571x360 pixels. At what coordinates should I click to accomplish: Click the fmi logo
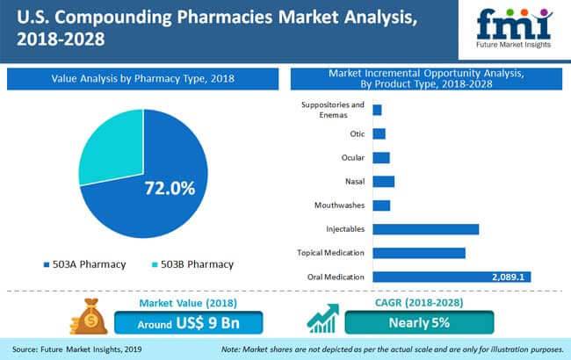click(514, 28)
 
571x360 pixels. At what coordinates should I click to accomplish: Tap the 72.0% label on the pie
click(170, 188)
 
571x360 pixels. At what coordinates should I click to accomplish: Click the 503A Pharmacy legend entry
click(84, 264)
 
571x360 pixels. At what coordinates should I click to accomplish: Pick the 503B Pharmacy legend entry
click(192, 264)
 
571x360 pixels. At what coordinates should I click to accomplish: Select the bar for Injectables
click(426, 229)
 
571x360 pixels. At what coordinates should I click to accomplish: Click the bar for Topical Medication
click(419, 253)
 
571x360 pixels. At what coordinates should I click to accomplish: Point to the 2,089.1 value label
click(508, 277)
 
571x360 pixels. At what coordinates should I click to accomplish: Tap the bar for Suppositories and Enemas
click(377, 110)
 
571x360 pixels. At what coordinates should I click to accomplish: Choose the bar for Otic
click(379, 134)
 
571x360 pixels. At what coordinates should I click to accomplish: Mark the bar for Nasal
click(384, 182)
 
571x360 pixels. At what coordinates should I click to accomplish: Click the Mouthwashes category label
click(339, 205)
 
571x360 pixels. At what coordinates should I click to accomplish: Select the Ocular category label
click(353, 158)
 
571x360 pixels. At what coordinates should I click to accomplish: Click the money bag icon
click(89, 316)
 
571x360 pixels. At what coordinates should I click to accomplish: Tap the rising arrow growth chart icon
click(323, 319)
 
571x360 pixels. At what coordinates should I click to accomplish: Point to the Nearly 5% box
click(420, 322)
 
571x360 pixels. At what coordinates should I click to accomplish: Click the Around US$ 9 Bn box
click(189, 322)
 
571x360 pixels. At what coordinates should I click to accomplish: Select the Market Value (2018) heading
click(188, 303)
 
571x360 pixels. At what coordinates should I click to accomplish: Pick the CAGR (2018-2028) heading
click(419, 302)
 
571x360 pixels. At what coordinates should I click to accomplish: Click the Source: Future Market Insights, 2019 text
click(76, 349)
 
